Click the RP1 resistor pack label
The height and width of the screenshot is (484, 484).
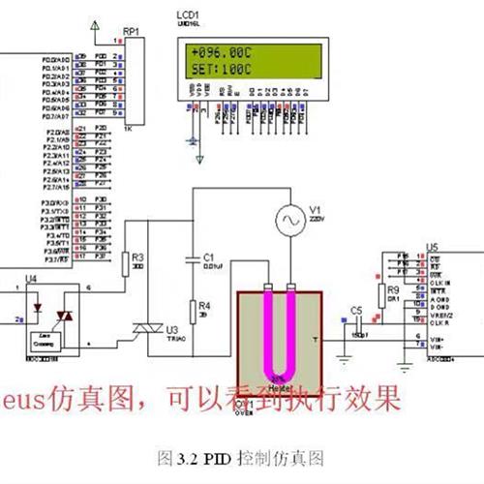point(132,31)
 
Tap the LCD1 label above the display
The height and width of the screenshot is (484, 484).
point(190,17)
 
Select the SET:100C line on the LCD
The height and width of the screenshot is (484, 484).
point(220,69)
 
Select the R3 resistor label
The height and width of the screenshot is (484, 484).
point(137,257)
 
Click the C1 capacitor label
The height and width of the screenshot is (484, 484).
point(207,257)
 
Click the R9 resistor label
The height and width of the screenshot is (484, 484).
point(392,289)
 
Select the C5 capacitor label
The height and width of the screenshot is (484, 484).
point(356,310)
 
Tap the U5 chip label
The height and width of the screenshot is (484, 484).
point(433,247)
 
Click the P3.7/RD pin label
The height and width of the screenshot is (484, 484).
point(58,259)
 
